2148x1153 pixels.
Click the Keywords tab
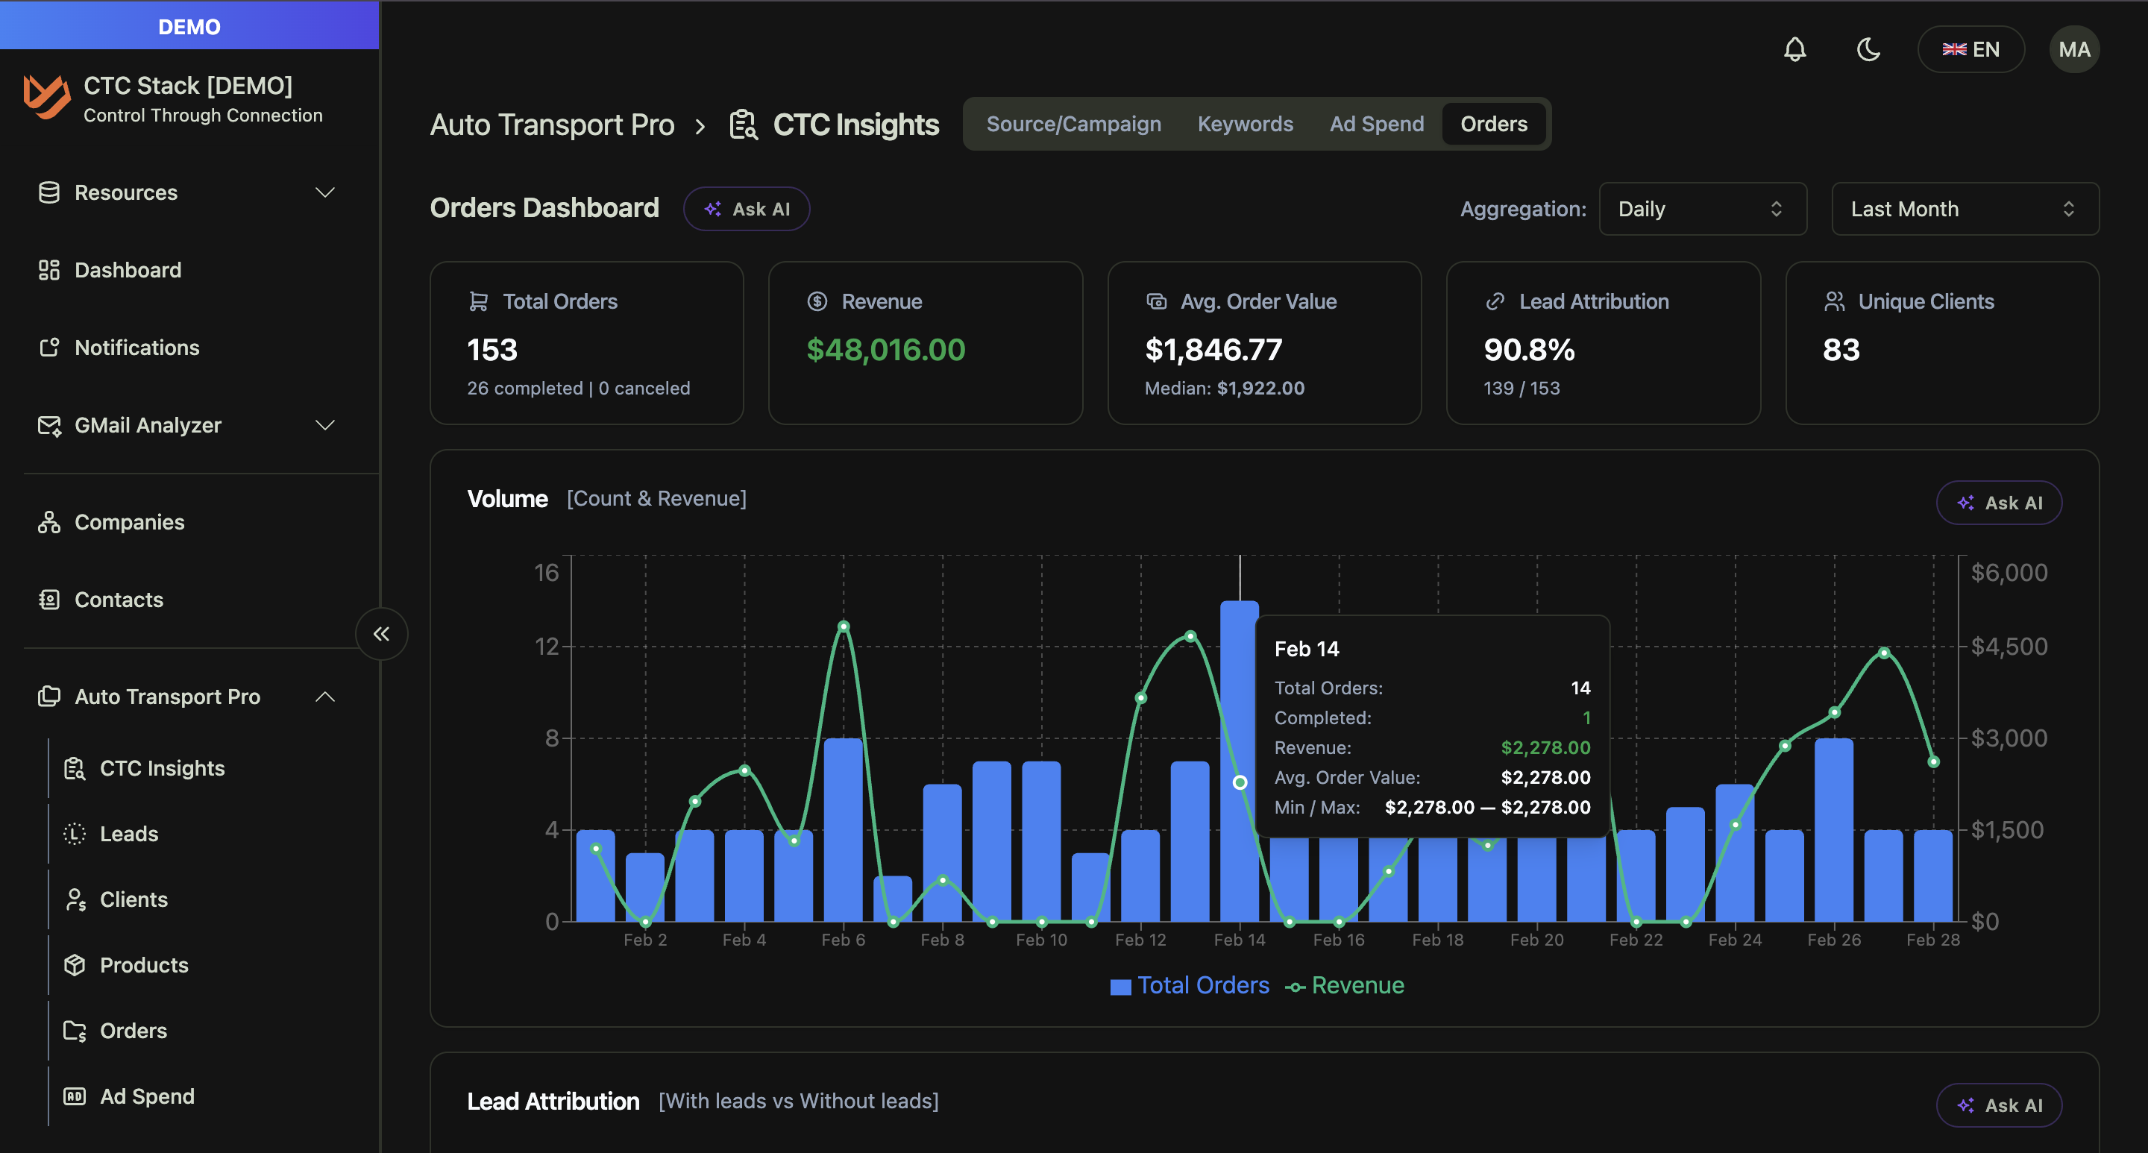pyautogui.click(x=1245, y=125)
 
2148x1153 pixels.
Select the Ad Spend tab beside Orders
pyautogui.click(x=1376, y=125)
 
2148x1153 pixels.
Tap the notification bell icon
pyautogui.click(x=1794, y=49)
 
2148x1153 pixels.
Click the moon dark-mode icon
pyautogui.click(x=1868, y=49)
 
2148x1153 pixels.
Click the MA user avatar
pyautogui.click(x=2073, y=49)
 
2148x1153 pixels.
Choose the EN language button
pyautogui.click(x=1970, y=49)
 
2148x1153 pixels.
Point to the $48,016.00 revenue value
pyautogui.click(x=885, y=349)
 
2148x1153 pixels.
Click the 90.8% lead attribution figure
pyautogui.click(x=1528, y=349)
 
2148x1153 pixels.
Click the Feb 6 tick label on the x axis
pyautogui.click(x=843, y=940)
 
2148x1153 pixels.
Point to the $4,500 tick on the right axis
pyautogui.click(x=2008, y=646)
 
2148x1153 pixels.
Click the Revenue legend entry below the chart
pyautogui.click(x=1345, y=985)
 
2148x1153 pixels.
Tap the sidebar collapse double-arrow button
pyautogui.click(x=381, y=634)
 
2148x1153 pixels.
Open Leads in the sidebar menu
pyautogui.click(x=128, y=834)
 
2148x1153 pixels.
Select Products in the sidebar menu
pyautogui.click(x=143, y=964)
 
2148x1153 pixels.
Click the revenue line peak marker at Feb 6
pyautogui.click(x=843, y=626)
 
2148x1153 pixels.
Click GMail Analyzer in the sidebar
pyautogui.click(x=148, y=425)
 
